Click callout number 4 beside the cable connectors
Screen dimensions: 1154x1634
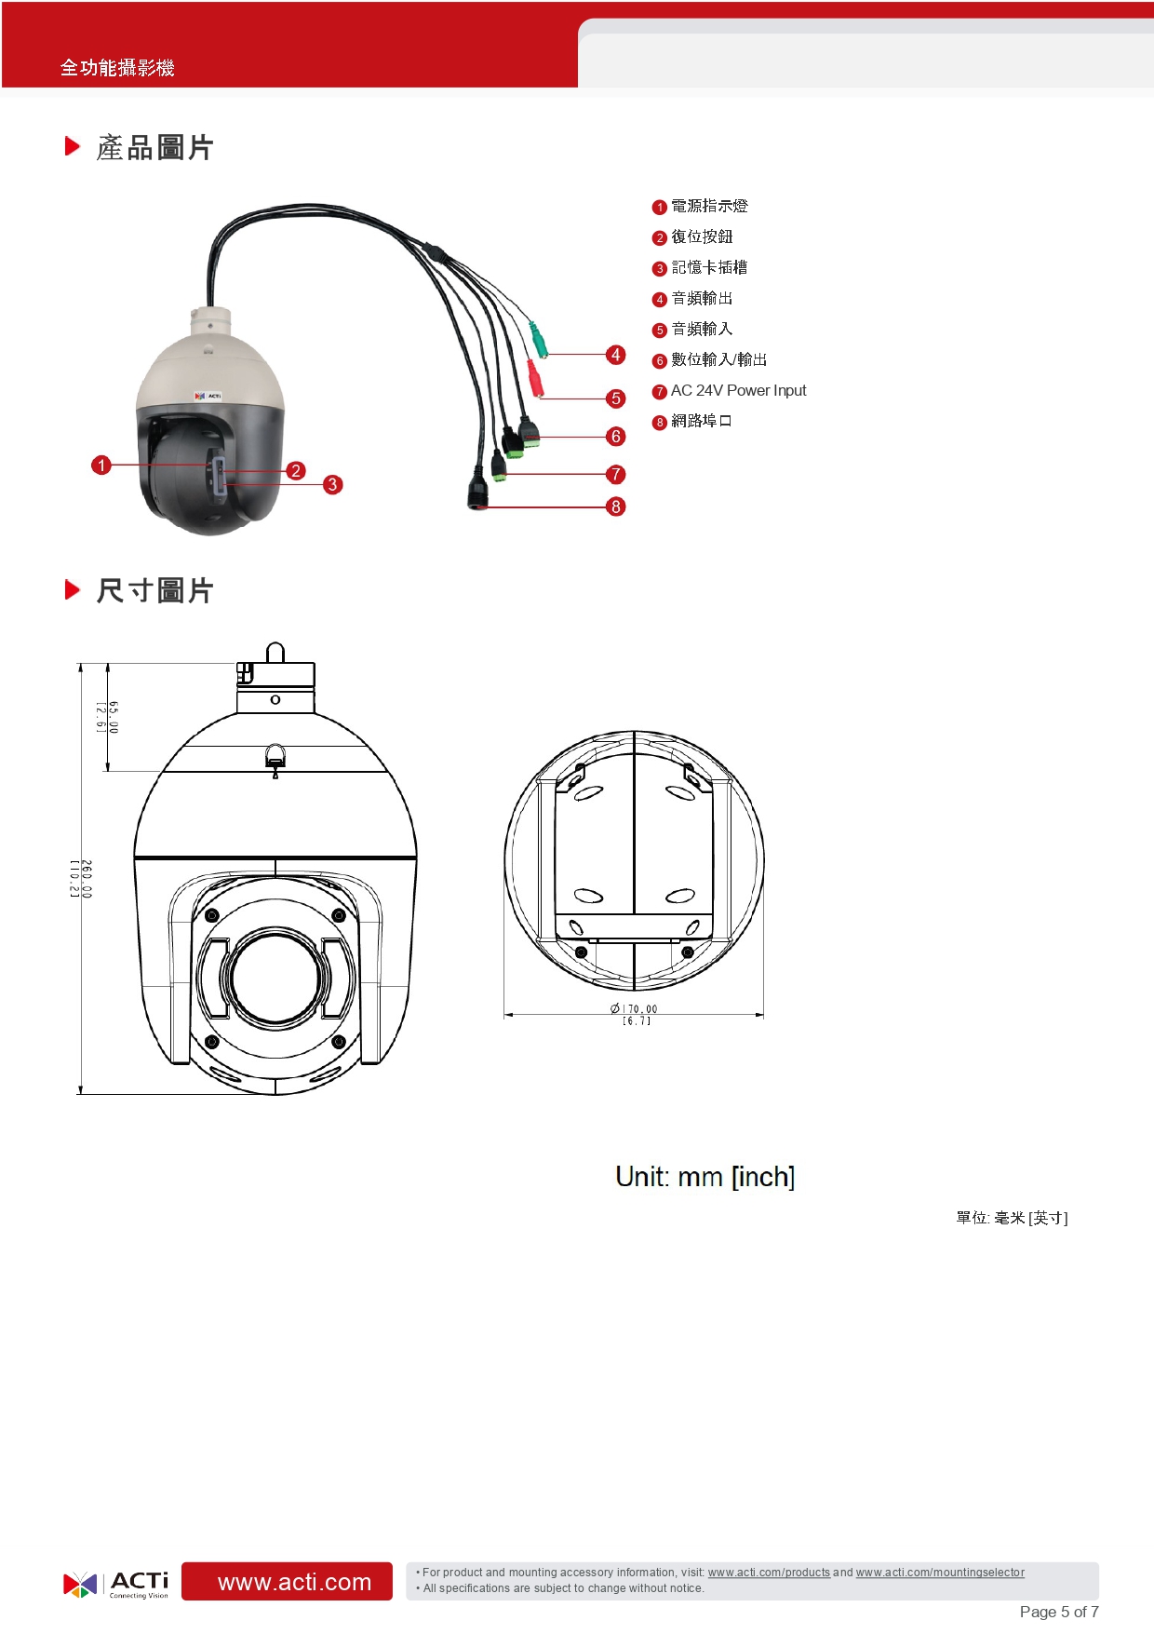(x=615, y=355)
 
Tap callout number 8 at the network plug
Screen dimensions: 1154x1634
(x=615, y=506)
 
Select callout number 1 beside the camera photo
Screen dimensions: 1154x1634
(x=101, y=465)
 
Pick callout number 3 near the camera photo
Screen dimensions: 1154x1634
(x=332, y=484)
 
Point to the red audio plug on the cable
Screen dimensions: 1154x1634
(x=534, y=378)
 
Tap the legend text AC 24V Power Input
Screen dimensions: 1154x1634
(x=738, y=391)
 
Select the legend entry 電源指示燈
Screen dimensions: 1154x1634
(x=709, y=206)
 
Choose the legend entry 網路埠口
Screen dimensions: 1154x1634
(x=702, y=421)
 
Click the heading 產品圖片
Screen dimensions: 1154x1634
(x=155, y=147)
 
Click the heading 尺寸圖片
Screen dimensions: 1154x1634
(x=155, y=590)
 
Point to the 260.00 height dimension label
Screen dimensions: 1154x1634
(x=81, y=879)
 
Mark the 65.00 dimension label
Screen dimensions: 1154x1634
(x=108, y=717)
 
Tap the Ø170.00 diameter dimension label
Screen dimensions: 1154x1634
(x=634, y=1015)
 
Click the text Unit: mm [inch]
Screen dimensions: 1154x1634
(x=705, y=1177)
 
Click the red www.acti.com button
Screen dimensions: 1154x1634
(x=287, y=1581)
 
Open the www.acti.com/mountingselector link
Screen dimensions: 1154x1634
(x=940, y=1573)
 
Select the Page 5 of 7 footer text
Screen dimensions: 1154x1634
(x=1059, y=1612)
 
